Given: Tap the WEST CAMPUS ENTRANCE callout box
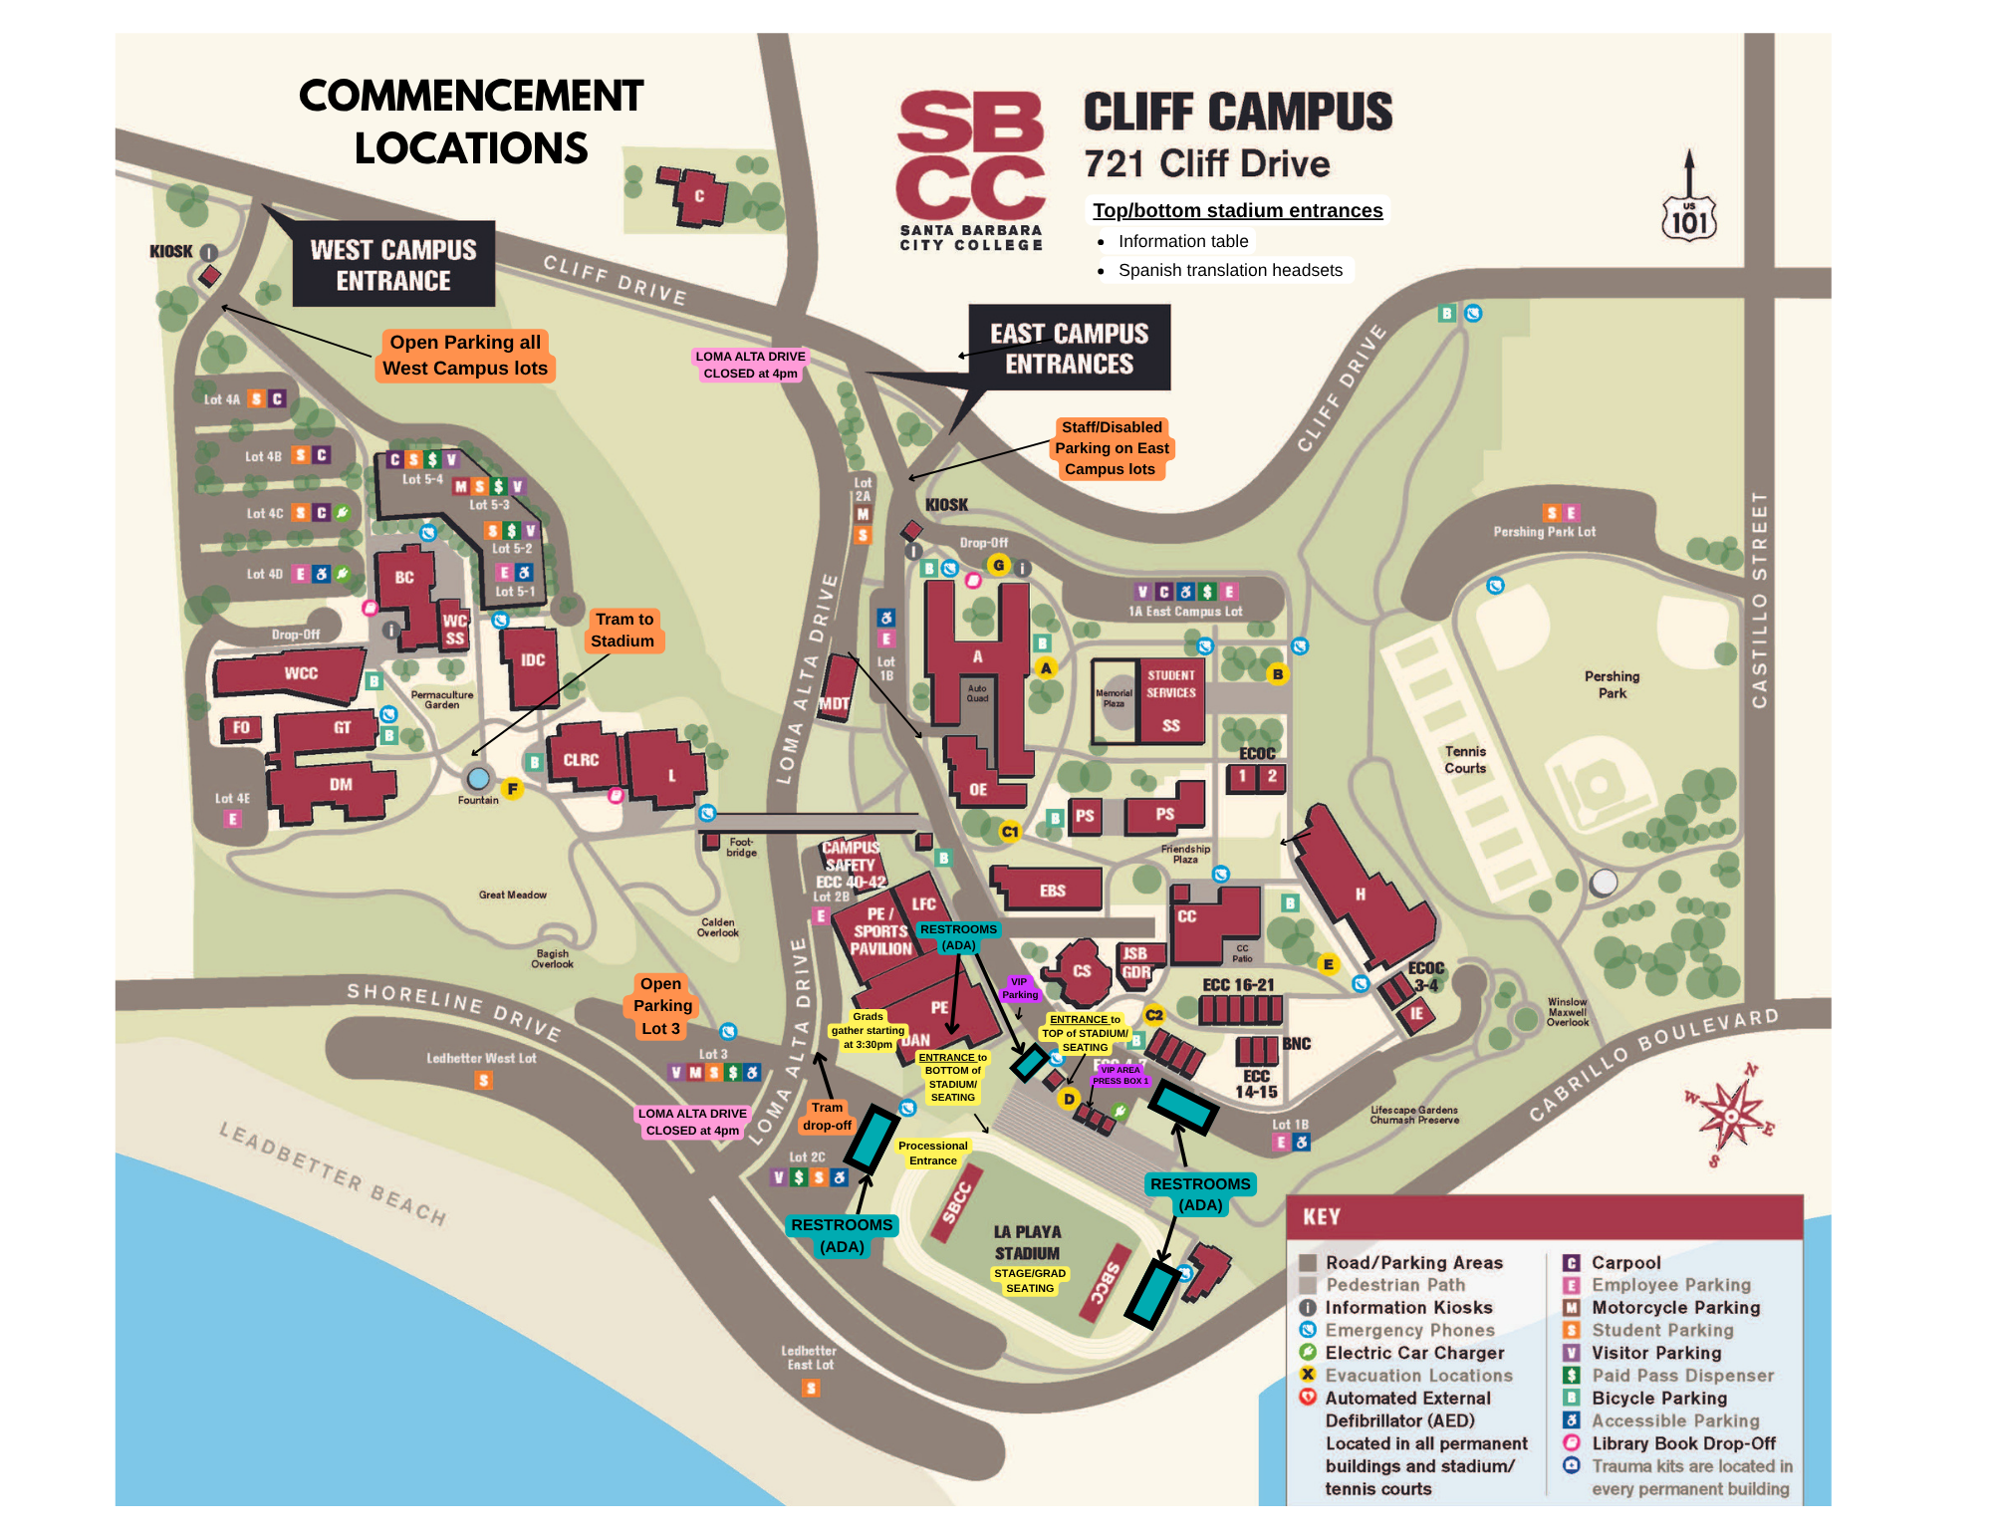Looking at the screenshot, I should pos(393,264).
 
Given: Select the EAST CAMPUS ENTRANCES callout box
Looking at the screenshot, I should pos(1069,348).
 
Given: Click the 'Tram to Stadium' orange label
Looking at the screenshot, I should pos(623,630).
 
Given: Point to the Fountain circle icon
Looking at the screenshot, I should pos(479,778).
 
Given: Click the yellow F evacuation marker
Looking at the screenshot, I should pos(512,789).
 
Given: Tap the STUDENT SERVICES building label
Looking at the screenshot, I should pos(1170,684).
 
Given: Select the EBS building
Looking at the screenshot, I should pos(1052,890).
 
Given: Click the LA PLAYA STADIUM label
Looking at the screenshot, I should pos(1027,1242).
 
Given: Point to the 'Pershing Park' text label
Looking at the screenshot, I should pos(1612,684).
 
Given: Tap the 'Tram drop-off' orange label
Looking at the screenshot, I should pos(827,1116).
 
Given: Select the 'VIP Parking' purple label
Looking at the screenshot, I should pos(1019,988).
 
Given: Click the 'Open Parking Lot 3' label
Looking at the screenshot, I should pos(661,1006).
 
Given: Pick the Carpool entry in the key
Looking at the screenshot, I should pos(1625,1262).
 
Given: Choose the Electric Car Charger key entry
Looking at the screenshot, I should pos(1413,1353).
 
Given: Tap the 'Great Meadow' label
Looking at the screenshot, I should pos(512,895).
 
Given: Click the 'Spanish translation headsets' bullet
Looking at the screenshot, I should pos(1229,270).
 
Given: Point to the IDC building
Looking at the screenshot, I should pos(532,661).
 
